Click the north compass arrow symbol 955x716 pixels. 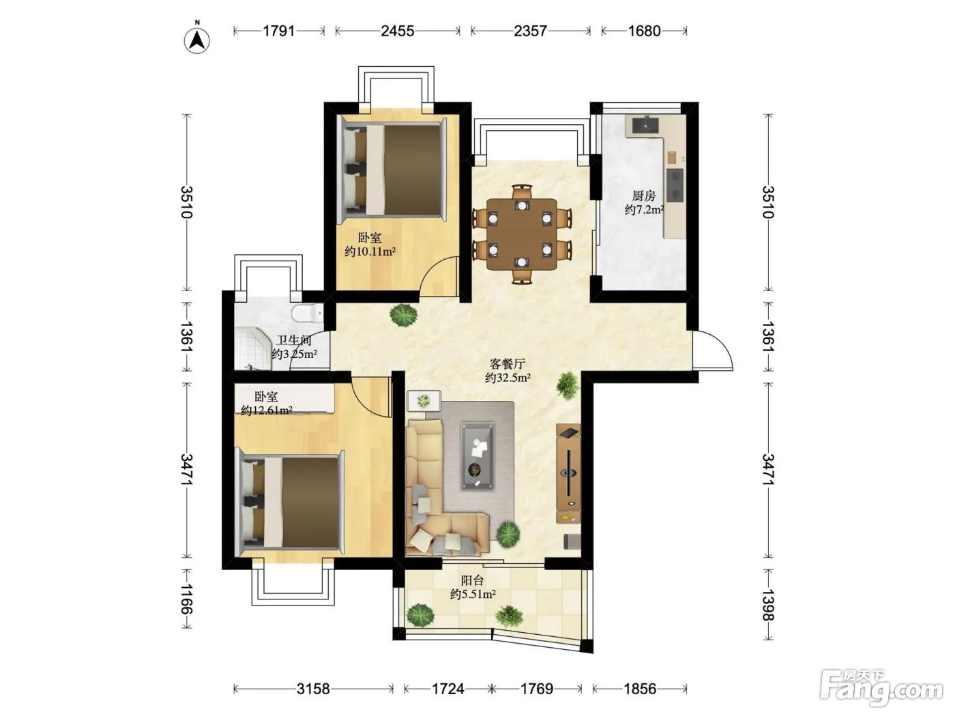click(x=197, y=40)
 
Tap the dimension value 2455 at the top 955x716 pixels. click(x=397, y=31)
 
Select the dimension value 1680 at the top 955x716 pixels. click(x=644, y=31)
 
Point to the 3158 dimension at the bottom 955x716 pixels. click(x=313, y=689)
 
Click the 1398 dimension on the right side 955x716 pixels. click(x=768, y=605)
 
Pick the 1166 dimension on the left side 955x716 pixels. click(x=187, y=599)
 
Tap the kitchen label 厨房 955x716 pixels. click(x=644, y=196)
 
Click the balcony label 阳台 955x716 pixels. click(x=472, y=580)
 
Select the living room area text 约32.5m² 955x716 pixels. click(x=508, y=377)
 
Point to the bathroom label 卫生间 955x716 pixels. click(x=294, y=340)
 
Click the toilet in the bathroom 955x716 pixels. click(x=308, y=312)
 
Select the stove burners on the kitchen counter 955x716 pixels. click(x=675, y=185)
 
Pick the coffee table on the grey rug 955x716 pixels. click(x=477, y=455)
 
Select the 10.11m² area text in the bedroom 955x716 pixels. click(x=370, y=251)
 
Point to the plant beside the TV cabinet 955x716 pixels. click(x=568, y=385)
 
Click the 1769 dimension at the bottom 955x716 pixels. click(x=536, y=689)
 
